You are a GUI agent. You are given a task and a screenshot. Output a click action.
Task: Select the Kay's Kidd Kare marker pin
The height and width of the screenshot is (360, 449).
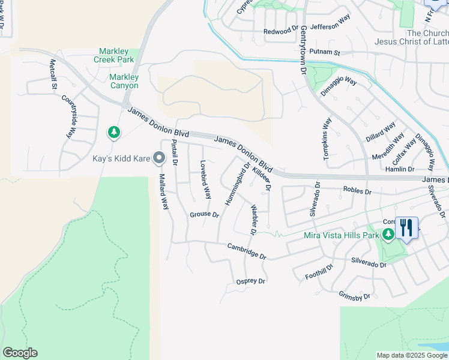(x=159, y=158)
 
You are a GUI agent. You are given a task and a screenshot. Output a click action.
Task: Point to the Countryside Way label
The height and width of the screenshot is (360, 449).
(x=67, y=116)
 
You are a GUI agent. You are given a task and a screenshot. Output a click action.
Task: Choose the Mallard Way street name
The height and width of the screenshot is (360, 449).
(x=162, y=191)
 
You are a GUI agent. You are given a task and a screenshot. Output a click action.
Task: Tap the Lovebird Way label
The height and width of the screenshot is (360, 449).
(x=206, y=179)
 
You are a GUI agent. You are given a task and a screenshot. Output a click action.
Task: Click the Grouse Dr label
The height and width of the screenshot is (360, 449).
(x=204, y=214)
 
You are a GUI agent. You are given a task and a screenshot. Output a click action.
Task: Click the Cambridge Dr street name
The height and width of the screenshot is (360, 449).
(x=247, y=251)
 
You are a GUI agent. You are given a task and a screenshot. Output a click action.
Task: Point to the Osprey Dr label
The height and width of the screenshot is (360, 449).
(x=251, y=281)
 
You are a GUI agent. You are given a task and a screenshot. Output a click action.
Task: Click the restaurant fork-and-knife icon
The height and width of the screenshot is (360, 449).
(x=407, y=228)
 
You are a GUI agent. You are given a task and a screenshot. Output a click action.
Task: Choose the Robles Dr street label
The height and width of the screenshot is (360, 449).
(x=358, y=190)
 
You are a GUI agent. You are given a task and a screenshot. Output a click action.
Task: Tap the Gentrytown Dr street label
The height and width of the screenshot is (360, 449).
(x=304, y=49)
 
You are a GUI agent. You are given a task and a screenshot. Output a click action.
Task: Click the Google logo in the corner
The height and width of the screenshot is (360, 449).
(x=20, y=352)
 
